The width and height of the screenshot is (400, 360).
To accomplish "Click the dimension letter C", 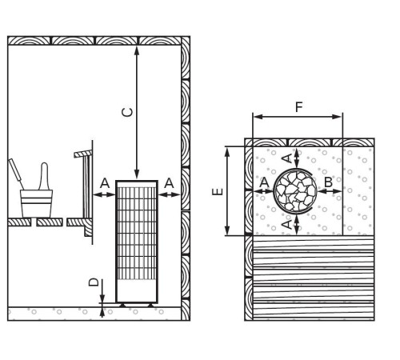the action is tap(127, 113).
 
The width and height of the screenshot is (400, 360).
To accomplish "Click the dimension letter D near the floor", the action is tap(94, 282).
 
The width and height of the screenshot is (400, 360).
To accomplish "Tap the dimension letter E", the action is tap(218, 191).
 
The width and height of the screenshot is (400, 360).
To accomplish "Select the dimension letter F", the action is tap(299, 107).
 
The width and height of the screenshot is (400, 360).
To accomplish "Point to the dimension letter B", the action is tap(328, 182).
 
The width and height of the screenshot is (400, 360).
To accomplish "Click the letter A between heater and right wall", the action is tap(169, 183).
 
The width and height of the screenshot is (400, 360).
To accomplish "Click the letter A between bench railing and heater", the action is tap(105, 183).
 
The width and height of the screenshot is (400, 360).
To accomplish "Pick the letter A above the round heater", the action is tap(287, 158).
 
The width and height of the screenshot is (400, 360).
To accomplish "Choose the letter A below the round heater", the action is tap(287, 224).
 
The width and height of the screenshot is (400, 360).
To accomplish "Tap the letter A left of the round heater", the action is tap(264, 182).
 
